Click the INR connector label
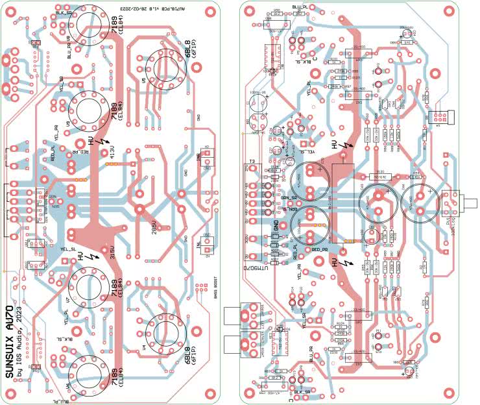tap(199, 156)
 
